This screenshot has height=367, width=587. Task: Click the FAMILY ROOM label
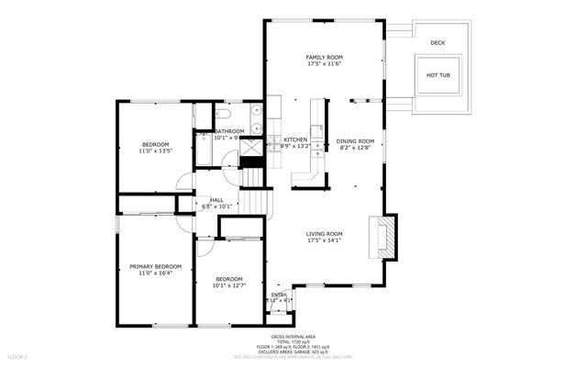tap(325, 57)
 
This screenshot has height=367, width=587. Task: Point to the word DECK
tap(437, 42)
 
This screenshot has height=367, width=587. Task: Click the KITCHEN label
tap(282, 139)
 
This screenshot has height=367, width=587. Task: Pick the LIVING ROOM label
tap(325, 234)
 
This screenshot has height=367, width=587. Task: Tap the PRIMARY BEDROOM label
tap(155, 266)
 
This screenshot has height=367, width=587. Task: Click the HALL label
tap(216, 200)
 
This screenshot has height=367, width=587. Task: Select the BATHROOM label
tap(229, 131)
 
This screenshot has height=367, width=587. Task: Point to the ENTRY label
tap(279, 294)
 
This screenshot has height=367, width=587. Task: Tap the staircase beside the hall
tap(260, 201)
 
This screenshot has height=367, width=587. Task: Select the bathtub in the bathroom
tap(204, 150)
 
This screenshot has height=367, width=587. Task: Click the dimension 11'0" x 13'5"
tap(155, 150)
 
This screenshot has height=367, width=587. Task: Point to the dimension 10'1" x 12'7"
tap(228, 285)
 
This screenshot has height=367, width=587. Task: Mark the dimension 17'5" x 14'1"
tap(325, 241)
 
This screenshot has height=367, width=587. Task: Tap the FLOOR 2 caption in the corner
tap(18, 355)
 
